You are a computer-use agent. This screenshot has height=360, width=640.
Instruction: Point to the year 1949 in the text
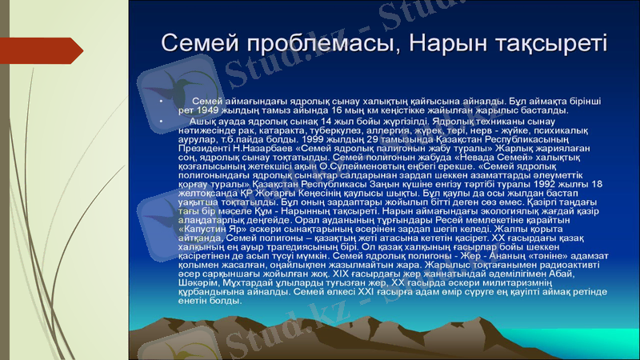point(210,110)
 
